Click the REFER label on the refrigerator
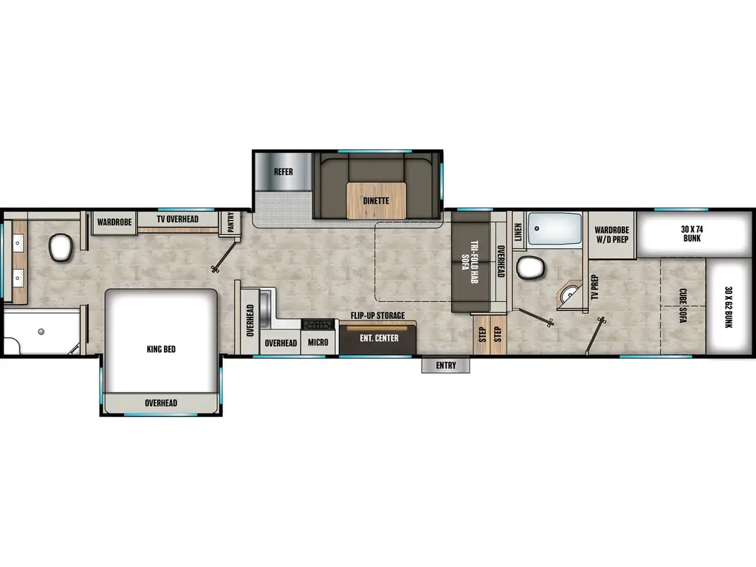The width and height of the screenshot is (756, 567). click(283, 172)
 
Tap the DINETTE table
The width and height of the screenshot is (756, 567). click(376, 200)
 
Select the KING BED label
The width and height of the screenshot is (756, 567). click(161, 349)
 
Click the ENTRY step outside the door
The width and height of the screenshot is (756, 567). click(446, 365)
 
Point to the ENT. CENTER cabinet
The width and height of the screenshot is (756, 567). click(379, 339)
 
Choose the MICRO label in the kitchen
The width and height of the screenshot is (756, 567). click(318, 343)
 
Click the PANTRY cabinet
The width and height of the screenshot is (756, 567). click(230, 222)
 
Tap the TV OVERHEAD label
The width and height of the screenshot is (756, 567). click(177, 219)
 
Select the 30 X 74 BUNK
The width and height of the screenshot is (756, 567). click(691, 233)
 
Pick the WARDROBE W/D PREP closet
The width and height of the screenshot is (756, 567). click(611, 234)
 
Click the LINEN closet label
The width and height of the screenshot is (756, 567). click(518, 232)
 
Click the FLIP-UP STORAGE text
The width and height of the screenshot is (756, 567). click(377, 316)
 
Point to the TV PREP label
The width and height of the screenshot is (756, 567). click(594, 286)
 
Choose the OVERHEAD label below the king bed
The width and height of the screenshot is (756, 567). click(160, 402)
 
